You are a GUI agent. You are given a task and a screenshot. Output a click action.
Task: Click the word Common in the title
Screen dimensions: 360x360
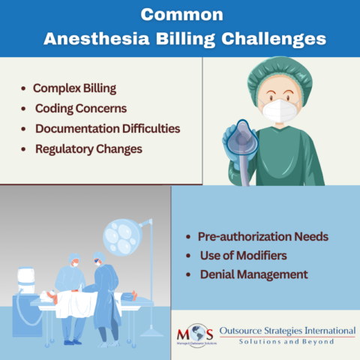[x=179, y=14]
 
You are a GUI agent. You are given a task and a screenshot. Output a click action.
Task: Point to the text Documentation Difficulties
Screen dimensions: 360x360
[x=107, y=129]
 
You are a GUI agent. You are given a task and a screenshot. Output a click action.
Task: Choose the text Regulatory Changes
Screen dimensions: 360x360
[x=88, y=148]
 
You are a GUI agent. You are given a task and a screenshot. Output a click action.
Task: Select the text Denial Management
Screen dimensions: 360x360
[x=253, y=275]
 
